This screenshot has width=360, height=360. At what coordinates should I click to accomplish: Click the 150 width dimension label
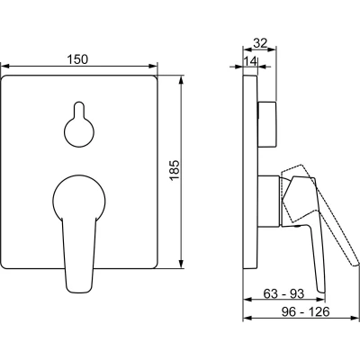[77, 58]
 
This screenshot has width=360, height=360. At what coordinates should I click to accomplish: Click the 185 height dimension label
[175, 170]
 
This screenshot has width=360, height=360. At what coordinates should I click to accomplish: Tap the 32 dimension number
[260, 43]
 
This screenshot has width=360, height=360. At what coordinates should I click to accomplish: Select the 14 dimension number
[250, 61]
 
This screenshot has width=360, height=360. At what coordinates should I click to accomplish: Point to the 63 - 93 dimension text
[283, 293]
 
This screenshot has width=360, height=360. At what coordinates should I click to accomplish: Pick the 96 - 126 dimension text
[305, 312]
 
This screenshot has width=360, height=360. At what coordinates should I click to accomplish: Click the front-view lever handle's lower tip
[78, 291]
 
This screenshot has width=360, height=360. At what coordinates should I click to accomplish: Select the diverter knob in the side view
[266, 124]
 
